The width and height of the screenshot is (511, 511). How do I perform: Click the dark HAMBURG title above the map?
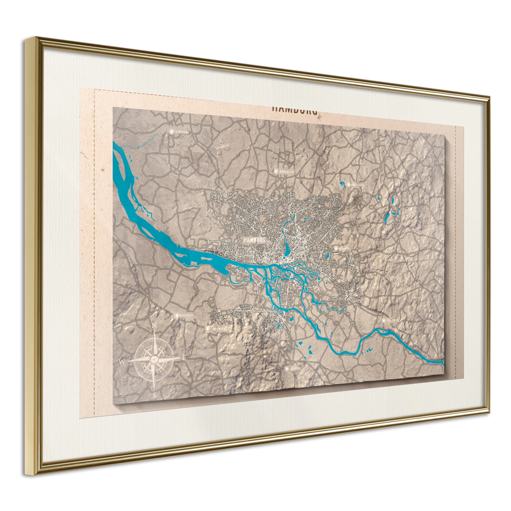[294, 110]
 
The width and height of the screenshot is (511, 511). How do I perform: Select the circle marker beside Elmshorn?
[172, 131]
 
